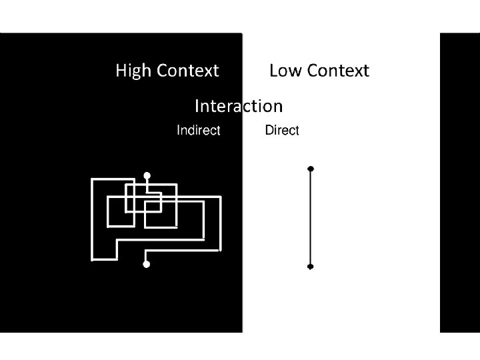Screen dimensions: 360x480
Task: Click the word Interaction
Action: point(238,106)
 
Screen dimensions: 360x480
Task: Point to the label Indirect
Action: point(198,131)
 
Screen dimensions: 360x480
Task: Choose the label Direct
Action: point(282,131)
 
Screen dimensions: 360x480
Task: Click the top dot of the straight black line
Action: point(310,169)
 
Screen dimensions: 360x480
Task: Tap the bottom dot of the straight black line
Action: point(310,267)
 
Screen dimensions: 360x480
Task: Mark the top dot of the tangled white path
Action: point(147,176)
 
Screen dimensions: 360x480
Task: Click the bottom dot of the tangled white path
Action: point(147,265)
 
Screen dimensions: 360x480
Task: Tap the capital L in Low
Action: point(273,71)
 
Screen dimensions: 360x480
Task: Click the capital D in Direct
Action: point(269,131)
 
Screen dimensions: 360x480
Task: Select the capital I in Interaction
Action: point(197,106)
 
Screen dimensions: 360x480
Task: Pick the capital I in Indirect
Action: point(178,131)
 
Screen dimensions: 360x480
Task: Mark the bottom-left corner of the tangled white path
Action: point(92,258)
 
